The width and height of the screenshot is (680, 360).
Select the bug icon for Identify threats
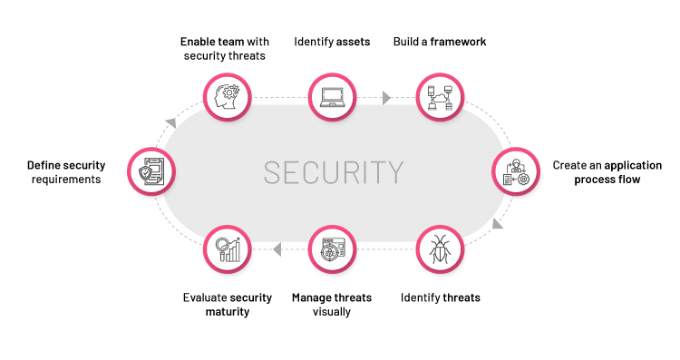click(x=440, y=249)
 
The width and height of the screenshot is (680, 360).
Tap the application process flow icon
click(x=514, y=172)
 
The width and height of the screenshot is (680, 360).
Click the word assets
click(x=353, y=42)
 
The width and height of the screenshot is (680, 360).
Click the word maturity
click(x=227, y=312)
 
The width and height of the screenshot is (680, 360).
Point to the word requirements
click(x=64, y=180)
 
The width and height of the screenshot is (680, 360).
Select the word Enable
click(x=199, y=42)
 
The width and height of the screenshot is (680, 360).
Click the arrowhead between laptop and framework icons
click(x=387, y=96)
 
